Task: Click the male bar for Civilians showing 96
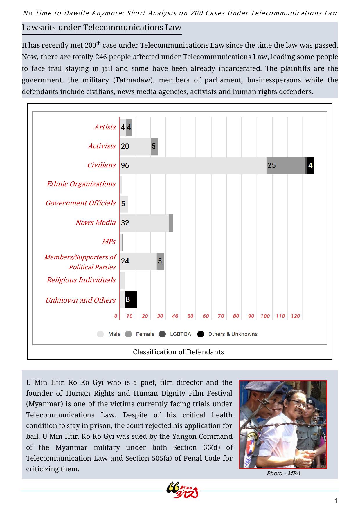click(193, 166)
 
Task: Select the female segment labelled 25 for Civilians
click(285, 166)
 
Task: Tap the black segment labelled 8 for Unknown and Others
click(131, 300)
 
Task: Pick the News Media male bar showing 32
click(144, 223)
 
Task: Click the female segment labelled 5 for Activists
click(154, 147)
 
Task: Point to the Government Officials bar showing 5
click(124, 204)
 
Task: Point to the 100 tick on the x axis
click(265, 316)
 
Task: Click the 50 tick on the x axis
click(190, 316)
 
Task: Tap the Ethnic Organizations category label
click(81, 184)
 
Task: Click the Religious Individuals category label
click(81, 280)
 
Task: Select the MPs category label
click(109, 242)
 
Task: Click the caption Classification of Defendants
click(178, 352)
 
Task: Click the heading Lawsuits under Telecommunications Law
click(102, 28)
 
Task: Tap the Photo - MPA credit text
click(283, 473)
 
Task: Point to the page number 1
click(336, 501)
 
